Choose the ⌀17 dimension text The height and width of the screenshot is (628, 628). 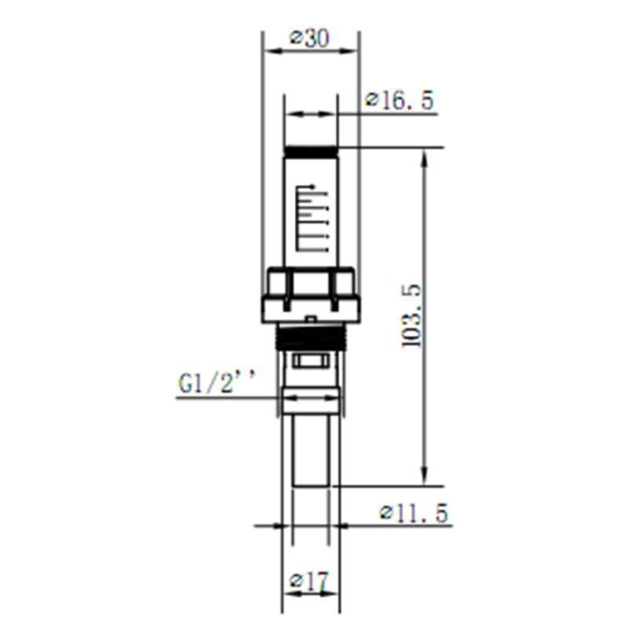(309, 582)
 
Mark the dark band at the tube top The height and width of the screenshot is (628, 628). (311, 151)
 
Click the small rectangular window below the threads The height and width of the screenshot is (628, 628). (312, 362)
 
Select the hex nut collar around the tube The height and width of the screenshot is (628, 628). (311, 294)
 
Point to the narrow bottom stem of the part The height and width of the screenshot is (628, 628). (309, 451)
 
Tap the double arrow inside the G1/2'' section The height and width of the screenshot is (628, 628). (311, 398)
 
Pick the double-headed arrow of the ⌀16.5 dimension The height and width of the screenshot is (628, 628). (311, 115)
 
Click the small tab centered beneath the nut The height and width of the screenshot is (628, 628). (311, 319)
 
